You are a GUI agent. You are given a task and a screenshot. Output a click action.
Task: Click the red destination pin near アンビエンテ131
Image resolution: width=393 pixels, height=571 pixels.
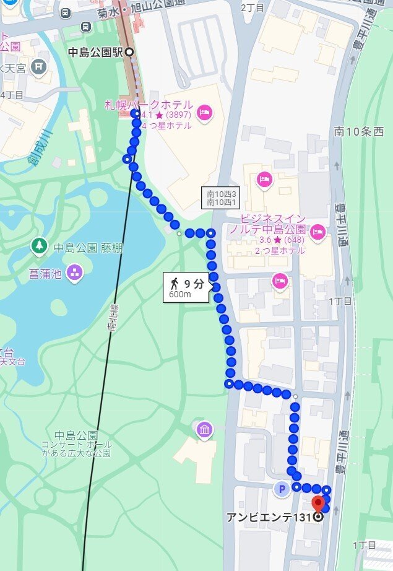click(x=318, y=502)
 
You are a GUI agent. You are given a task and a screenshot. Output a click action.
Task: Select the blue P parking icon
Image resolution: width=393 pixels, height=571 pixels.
click(x=282, y=489)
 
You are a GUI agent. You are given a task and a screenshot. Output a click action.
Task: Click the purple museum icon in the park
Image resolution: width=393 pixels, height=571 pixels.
click(x=204, y=429)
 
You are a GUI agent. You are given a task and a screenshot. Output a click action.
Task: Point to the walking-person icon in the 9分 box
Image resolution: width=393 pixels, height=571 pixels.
click(x=175, y=284)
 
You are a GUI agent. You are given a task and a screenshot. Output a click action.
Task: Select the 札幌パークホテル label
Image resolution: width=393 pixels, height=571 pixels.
click(x=149, y=105)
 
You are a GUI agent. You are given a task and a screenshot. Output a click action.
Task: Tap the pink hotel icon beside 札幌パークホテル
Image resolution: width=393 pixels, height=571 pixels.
click(x=204, y=113)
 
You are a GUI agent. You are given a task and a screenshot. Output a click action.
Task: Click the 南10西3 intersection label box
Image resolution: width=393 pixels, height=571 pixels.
click(x=221, y=198)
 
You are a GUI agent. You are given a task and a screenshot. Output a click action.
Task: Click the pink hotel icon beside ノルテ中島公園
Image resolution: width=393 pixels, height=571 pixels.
click(x=317, y=232)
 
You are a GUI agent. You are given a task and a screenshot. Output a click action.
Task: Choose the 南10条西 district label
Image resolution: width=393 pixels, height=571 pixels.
click(x=359, y=131)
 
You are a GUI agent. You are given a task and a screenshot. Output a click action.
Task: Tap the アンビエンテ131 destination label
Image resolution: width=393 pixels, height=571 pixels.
click(x=272, y=517)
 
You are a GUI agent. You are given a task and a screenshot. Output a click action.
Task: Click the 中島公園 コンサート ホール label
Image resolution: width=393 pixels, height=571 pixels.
click(x=77, y=443)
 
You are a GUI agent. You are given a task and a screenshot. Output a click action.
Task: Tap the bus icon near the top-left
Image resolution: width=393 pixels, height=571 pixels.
click(x=85, y=26)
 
